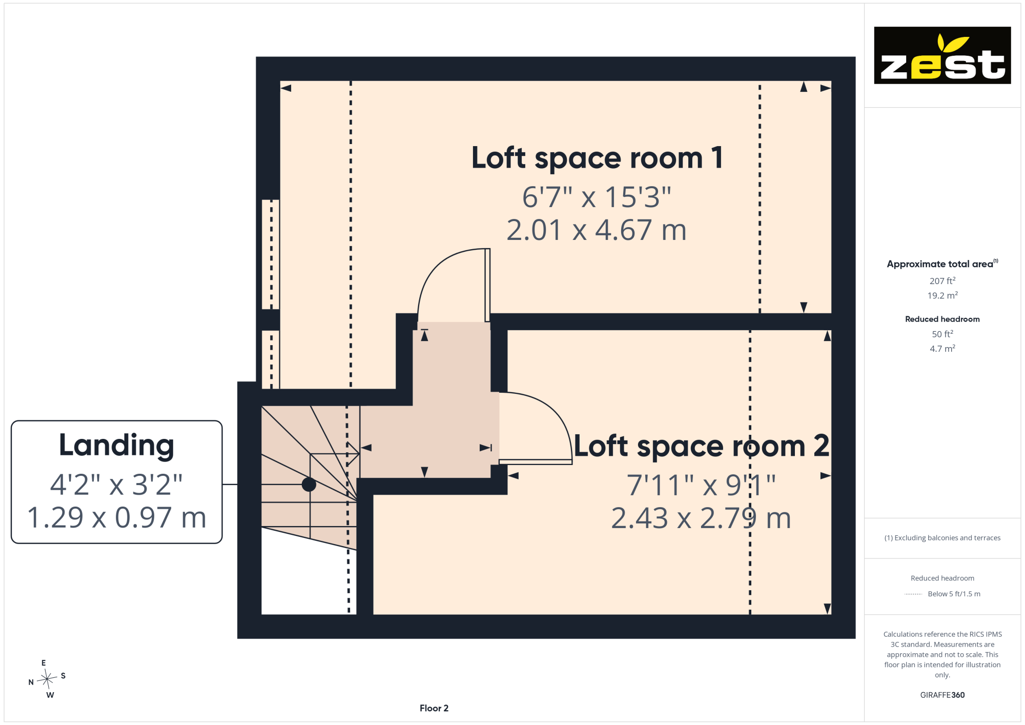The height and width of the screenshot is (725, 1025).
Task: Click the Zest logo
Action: pos(942,55)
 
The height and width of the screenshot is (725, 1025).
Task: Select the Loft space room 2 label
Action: pos(701,446)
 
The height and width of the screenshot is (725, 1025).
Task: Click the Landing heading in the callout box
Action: pos(116,445)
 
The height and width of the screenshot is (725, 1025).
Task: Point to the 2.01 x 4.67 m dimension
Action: pos(597,230)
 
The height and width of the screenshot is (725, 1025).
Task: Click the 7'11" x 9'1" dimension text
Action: pos(701,485)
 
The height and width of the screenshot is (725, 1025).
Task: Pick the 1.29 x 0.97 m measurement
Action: pos(116,517)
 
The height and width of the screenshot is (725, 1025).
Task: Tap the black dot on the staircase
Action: pos(309,484)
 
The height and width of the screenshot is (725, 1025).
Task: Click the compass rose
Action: pos(47,679)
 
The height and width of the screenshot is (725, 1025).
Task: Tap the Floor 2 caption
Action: pos(434,708)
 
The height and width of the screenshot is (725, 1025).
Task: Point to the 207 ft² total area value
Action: pos(942,280)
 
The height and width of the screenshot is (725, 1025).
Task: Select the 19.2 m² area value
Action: pos(942,295)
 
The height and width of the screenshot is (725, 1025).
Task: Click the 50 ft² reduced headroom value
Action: pos(942,334)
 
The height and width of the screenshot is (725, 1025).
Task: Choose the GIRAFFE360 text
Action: pos(942,695)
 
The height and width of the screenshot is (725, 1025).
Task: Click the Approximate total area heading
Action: pos(942,264)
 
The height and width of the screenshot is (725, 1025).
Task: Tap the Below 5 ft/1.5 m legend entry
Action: pos(954,594)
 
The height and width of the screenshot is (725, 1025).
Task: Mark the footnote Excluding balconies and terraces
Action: pos(942,538)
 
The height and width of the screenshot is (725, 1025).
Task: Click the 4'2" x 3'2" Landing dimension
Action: pos(116,484)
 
